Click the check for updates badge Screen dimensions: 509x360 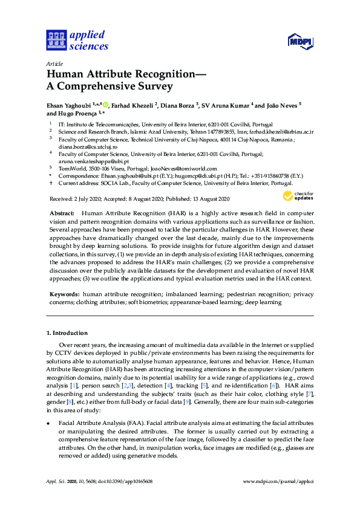(x=298, y=196)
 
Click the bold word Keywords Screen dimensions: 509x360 (x=64, y=294)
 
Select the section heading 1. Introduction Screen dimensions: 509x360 (x=67, y=333)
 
